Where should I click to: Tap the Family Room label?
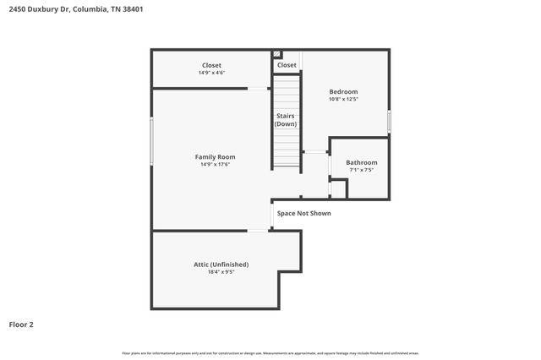click(x=215, y=157)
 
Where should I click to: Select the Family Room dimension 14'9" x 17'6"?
click(x=215, y=165)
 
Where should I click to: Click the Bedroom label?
click(x=343, y=92)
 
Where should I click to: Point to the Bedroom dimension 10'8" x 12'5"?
click(x=343, y=100)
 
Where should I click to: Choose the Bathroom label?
click(x=362, y=162)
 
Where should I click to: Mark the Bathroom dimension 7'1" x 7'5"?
click(x=362, y=170)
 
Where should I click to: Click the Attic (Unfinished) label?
click(x=221, y=265)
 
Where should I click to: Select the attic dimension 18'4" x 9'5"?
click(x=221, y=272)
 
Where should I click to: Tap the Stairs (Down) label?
click(x=286, y=120)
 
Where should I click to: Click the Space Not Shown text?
click(x=303, y=213)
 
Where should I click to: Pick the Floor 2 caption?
click(x=21, y=324)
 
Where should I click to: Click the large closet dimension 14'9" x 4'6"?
click(x=211, y=73)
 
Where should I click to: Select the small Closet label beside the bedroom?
click(x=287, y=65)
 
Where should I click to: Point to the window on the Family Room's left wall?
click(x=152, y=141)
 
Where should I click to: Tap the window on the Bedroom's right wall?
click(x=389, y=121)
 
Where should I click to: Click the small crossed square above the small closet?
click(x=276, y=54)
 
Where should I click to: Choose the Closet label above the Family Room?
click(x=211, y=65)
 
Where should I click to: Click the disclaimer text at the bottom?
click(x=270, y=352)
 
